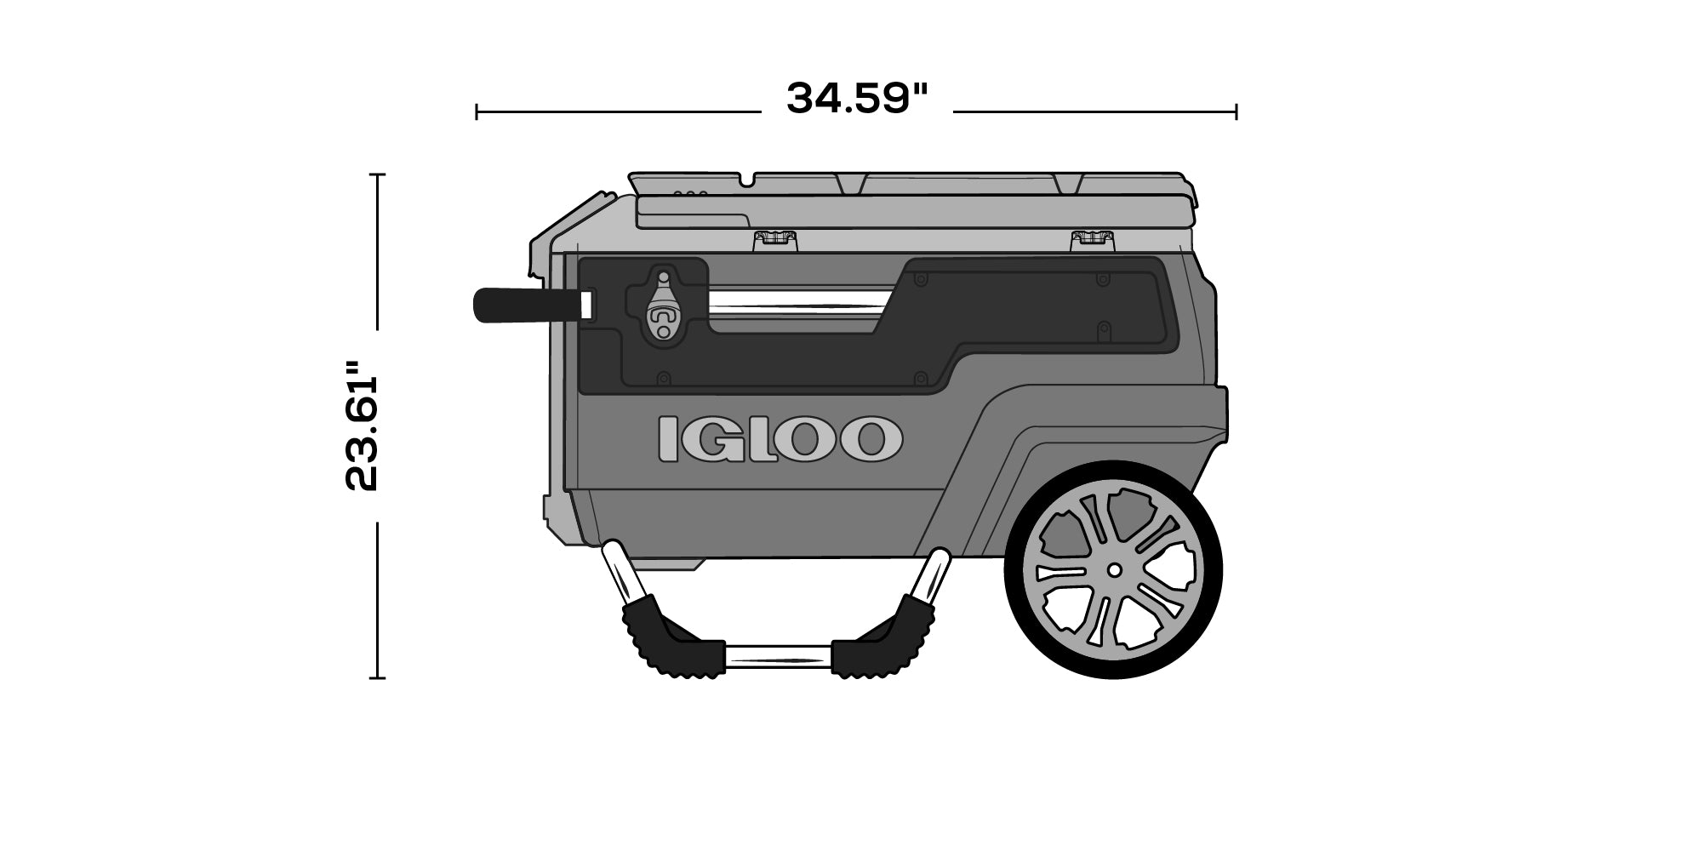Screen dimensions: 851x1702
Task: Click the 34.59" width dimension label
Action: click(856, 99)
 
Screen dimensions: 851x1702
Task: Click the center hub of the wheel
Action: click(1113, 569)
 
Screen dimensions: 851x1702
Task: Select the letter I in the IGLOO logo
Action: click(669, 439)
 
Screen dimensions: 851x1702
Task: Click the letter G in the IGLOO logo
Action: click(711, 439)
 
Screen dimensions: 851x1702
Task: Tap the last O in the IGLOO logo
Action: click(867, 439)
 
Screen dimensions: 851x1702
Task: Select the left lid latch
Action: click(775, 238)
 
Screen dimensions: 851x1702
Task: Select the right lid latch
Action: click(1093, 238)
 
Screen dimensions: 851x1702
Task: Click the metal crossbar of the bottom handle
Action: click(778, 655)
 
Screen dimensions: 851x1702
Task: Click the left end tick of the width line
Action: click(477, 111)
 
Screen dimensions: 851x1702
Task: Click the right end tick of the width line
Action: click(1236, 111)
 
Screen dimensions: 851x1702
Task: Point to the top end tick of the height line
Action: click(377, 174)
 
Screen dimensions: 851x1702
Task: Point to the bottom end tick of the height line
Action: click(377, 678)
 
